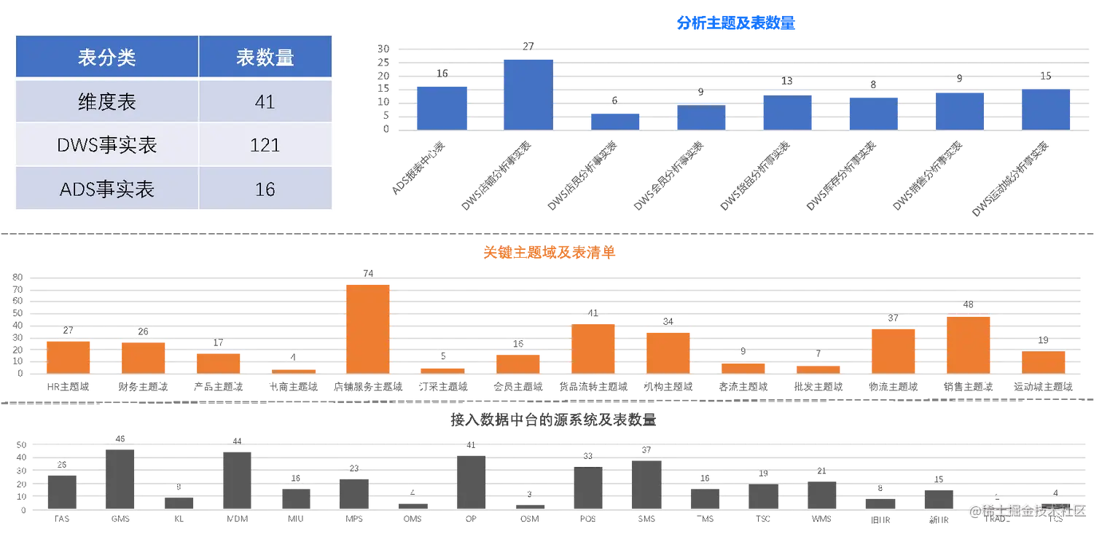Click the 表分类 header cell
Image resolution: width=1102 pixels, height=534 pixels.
[106, 58]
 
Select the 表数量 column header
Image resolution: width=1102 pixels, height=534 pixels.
[265, 58]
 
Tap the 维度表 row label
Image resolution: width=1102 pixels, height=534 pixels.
[106, 101]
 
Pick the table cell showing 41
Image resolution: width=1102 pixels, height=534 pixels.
[265, 101]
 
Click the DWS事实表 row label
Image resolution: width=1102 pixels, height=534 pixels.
[106, 145]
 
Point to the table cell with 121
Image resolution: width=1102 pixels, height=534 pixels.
[265, 145]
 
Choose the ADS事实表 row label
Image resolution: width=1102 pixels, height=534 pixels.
[106, 189]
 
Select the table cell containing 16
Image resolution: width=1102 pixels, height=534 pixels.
[265, 189]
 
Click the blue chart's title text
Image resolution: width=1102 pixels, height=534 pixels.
[736, 24]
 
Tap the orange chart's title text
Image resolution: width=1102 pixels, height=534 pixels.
[550, 253]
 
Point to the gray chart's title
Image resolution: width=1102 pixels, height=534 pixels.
[554, 420]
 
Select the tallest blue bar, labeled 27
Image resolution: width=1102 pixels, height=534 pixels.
[528, 93]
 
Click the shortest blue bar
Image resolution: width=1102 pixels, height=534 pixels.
[614, 120]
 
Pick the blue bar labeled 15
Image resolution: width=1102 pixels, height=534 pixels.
[1046, 109]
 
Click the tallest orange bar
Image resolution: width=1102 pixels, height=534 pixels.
[368, 328]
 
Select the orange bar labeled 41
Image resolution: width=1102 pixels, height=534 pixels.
[593, 348]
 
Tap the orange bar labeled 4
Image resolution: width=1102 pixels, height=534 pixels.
[293, 369]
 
